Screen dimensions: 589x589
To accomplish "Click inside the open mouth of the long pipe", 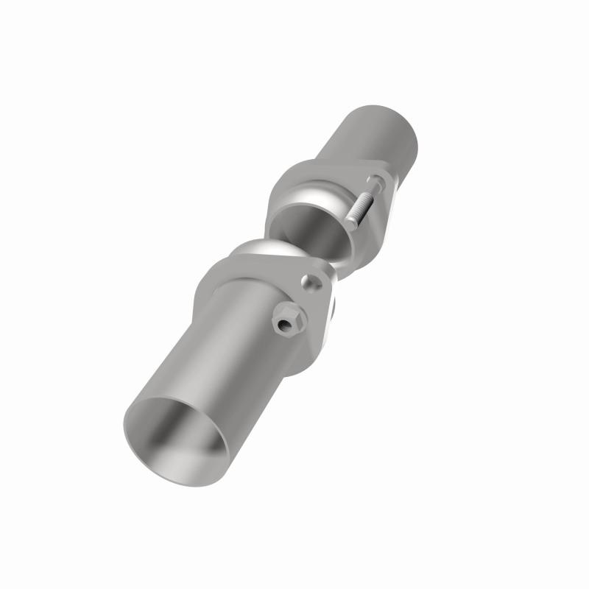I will [x=180, y=434].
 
